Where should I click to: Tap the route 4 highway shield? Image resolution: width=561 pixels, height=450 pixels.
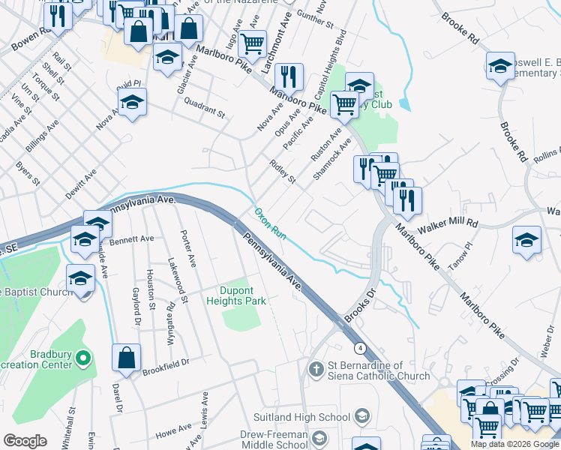click(361, 349)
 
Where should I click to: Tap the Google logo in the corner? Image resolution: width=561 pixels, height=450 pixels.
click(25, 440)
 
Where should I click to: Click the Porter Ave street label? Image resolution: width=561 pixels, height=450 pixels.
click(188, 249)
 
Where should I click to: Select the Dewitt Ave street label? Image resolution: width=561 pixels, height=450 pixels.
click(81, 182)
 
